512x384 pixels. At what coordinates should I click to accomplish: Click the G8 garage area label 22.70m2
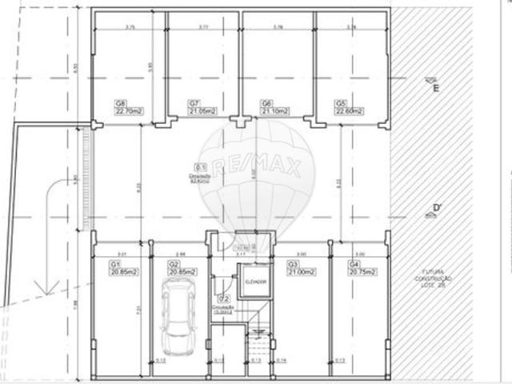[x=128, y=107]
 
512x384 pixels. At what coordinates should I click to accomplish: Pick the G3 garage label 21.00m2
[x=302, y=268]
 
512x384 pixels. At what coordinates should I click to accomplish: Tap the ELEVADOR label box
[x=254, y=282]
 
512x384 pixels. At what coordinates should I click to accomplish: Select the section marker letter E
[x=435, y=88]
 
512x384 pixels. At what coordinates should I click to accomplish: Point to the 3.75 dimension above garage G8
[x=130, y=27]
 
